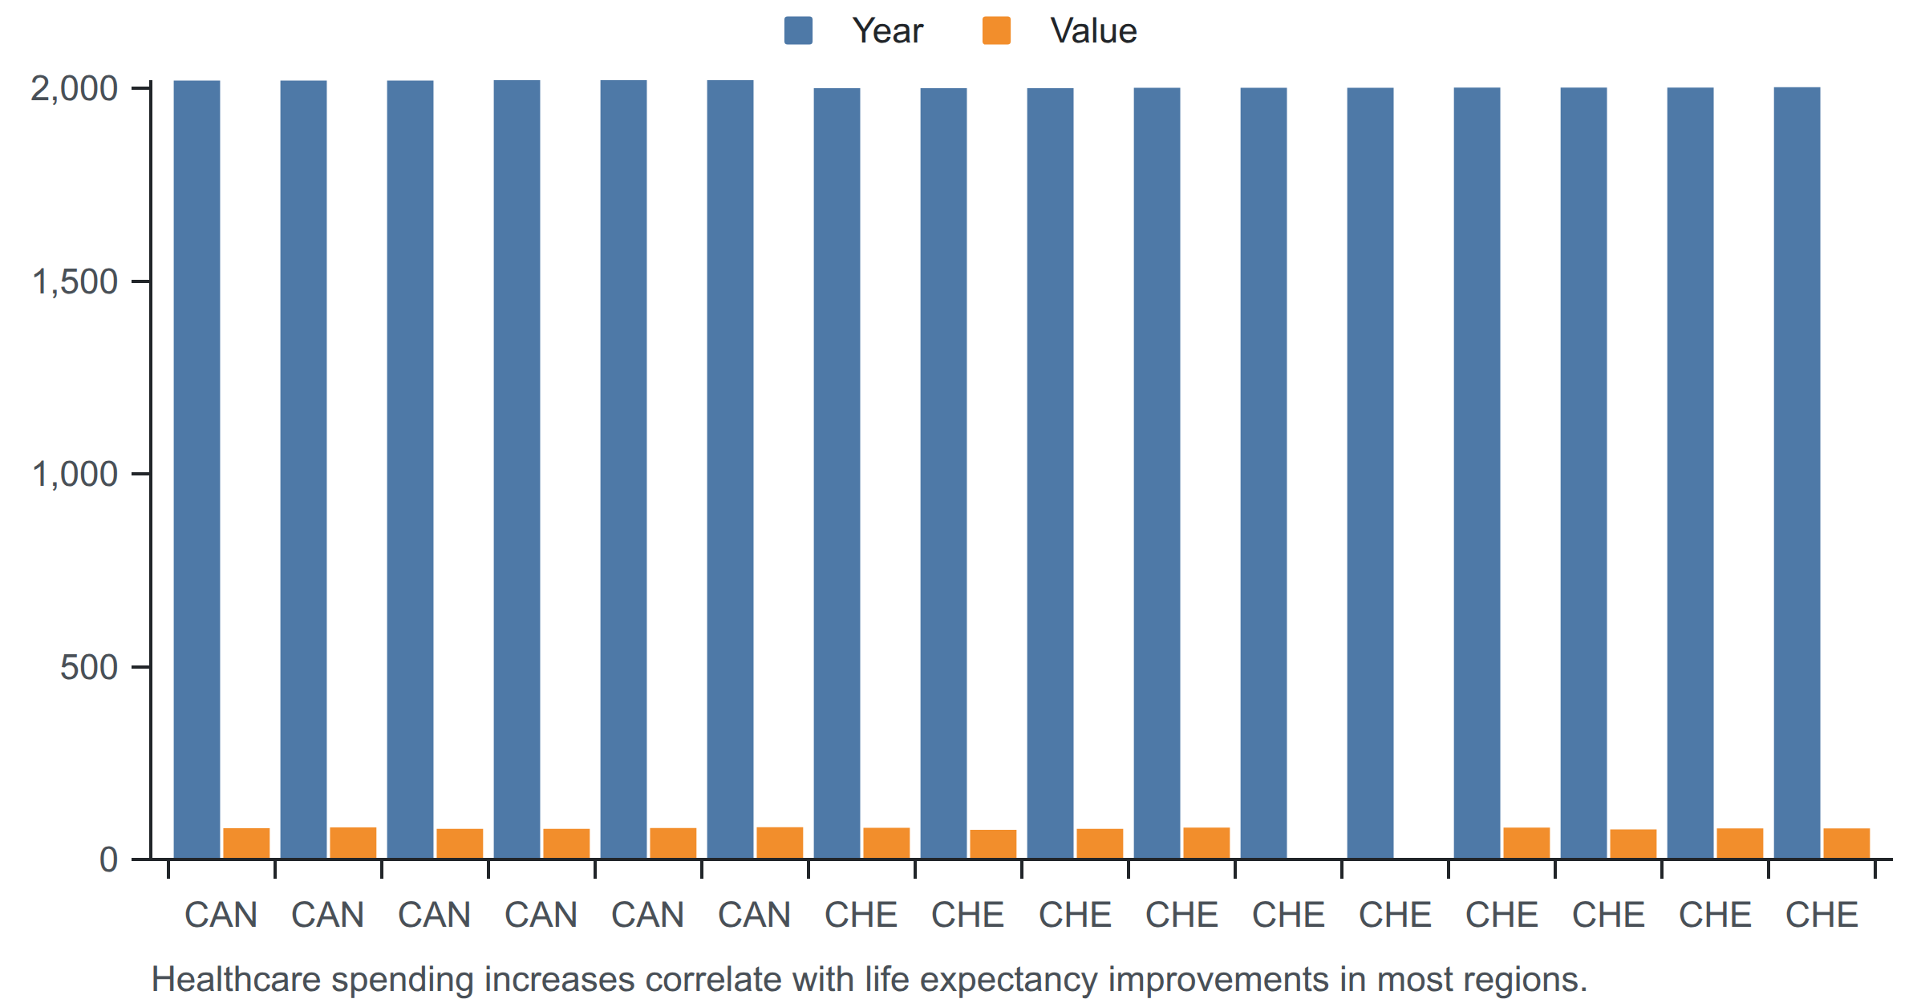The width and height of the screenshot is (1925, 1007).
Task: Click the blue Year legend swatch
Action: click(798, 30)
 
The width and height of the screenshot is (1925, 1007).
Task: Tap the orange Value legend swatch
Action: click(996, 30)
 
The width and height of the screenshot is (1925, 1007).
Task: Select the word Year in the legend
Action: click(887, 31)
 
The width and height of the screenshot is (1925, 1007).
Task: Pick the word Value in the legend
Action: click(1093, 31)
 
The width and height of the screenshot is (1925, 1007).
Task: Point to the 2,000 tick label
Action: click(74, 89)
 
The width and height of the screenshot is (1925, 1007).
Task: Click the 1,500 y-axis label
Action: click(74, 282)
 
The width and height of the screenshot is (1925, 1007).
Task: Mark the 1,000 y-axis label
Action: click(74, 475)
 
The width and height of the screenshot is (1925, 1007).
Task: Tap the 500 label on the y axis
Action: click(89, 667)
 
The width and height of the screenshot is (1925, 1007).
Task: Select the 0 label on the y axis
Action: click(108, 860)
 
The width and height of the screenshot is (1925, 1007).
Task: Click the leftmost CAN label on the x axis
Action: click(221, 915)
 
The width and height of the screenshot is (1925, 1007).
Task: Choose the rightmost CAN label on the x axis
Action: click(754, 915)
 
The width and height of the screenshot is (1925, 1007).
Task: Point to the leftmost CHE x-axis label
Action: click(861, 915)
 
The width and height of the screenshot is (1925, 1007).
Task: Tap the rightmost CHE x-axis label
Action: click(1822, 915)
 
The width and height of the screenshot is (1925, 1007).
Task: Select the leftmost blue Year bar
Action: click(197, 470)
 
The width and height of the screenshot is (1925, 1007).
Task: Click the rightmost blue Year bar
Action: click(1797, 473)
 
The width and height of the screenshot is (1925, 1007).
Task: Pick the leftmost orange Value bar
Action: click(246, 843)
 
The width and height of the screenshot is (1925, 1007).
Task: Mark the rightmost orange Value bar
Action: click(1846, 843)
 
